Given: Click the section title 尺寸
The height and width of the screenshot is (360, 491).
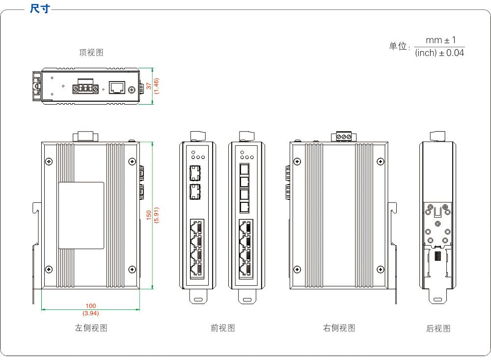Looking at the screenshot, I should (x=40, y=9).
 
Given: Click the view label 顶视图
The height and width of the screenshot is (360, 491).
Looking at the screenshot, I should (x=91, y=53).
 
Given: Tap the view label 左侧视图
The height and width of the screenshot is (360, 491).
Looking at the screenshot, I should (x=91, y=328).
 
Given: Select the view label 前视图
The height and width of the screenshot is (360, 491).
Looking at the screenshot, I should (x=222, y=328).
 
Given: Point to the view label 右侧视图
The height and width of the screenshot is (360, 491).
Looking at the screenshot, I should (x=339, y=328).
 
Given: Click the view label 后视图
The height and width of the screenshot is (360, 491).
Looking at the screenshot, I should (x=438, y=329).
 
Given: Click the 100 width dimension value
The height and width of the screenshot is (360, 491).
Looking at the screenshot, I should (x=91, y=306).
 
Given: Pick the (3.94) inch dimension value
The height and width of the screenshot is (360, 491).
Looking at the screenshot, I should (x=91, y=313).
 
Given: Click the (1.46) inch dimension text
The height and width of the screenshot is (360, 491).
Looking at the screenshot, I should (x=156, y=86).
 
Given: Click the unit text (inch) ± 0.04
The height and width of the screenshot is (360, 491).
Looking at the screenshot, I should (x=439, y=53).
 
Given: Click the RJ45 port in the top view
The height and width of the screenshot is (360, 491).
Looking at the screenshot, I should (x=117, y=88).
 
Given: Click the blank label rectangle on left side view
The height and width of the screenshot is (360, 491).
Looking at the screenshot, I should (x=82, y=216).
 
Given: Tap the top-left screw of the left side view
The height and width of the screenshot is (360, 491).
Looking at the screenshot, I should (x=49, y=162).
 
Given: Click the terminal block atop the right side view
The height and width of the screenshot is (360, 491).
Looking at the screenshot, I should (x=344, y=136).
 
